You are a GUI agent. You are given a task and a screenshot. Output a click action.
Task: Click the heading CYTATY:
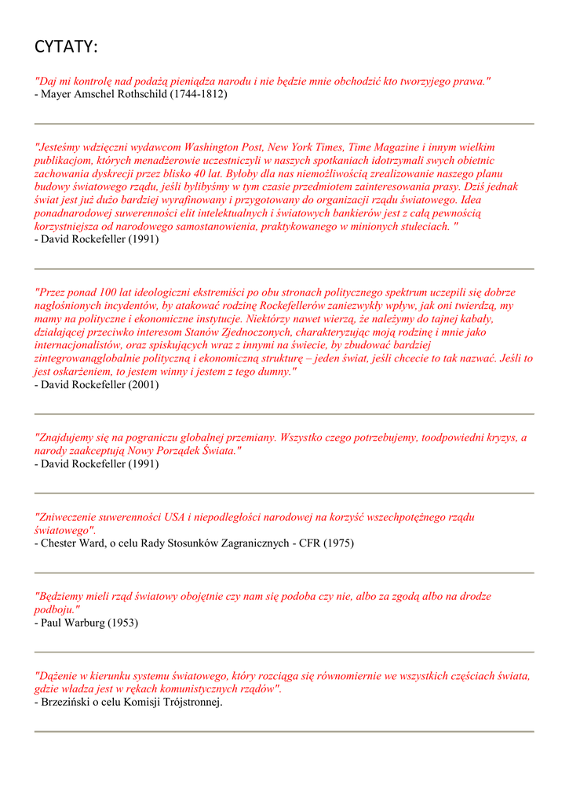coord(66,48)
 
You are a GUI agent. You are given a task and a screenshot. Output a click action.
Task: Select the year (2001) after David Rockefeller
coord(144,384)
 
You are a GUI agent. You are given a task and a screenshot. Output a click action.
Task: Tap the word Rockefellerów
coord(286,306)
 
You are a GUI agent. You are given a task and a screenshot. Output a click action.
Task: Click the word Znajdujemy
coord(68,438)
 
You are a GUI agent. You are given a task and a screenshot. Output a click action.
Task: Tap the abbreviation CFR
coord(310,543)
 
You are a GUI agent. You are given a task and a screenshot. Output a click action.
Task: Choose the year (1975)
coord(339,543)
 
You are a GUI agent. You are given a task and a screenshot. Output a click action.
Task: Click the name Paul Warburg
coord(74,623)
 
